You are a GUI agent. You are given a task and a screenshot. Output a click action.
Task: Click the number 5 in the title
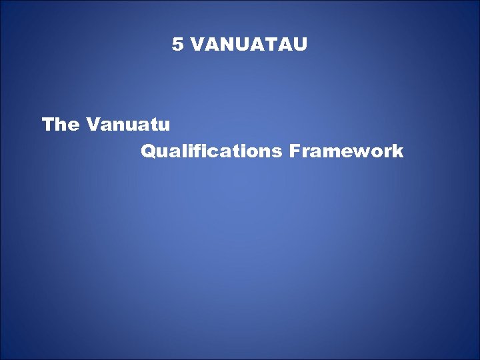click(x=177, y=45)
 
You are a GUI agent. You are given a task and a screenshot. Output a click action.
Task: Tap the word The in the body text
click(x=60, y=125)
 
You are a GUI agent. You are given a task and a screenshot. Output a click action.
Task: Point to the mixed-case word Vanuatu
click(x=129, y=125)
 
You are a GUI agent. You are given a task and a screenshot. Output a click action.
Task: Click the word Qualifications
click(x=211, y=152)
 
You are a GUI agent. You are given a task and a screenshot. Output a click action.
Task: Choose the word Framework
click(x=346, y=152)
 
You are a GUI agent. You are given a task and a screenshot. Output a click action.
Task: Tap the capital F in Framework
click(x=294, y=152)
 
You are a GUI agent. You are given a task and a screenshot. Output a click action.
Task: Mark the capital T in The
click(x=47, y=125)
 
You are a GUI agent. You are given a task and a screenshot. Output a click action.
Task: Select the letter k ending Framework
click(x=398, y=152)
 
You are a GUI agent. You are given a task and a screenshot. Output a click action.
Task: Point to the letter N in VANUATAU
click(x=223, y=45)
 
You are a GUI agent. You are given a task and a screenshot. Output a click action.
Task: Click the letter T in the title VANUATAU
click(x=267, y=45)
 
